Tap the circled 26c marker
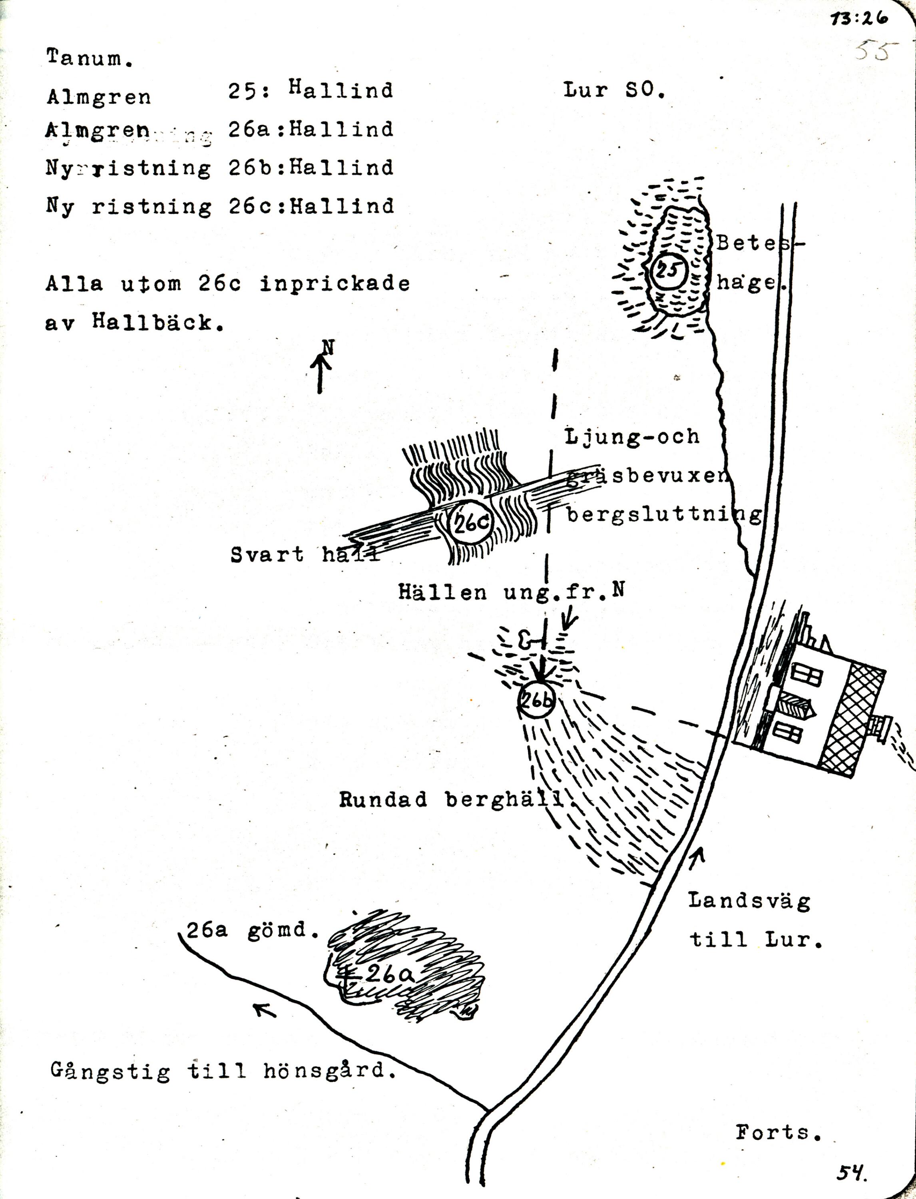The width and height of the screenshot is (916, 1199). tap(470, 523)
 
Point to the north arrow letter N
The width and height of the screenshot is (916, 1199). tap(328, 347)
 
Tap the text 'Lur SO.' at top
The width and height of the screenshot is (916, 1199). tap(614, 90)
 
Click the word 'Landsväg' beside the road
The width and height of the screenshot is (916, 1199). tap(749, 901)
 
